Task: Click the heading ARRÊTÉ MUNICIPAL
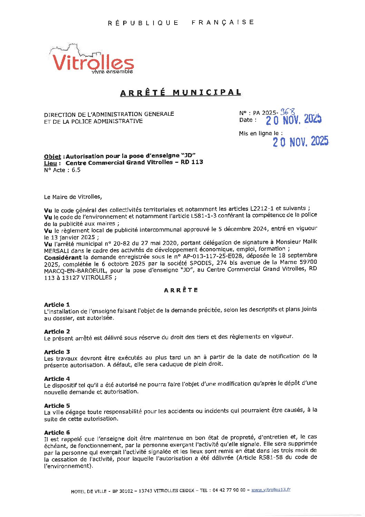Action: click(180, 93)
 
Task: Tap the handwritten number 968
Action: click(288, 112)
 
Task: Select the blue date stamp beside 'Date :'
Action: click(293, 120)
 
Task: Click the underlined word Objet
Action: click(52, 157)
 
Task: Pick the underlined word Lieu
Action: click(50, 163)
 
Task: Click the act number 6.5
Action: click(76, 170)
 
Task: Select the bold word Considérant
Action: click(63, 257)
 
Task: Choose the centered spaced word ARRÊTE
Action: click(181, 290)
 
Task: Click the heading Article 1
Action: click(57, 304)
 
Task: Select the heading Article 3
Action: click(57, 352)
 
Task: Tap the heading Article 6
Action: click(57, 432)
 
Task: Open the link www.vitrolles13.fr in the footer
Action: click(271, 490)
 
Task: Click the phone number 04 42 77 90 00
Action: click(229, 490)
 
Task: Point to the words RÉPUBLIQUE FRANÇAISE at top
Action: click(181, 22)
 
